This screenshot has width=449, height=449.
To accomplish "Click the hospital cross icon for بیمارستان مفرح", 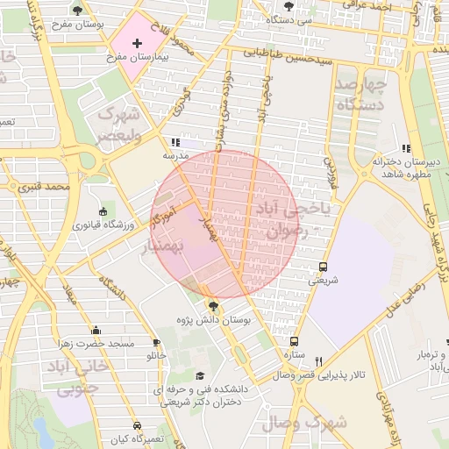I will tap(137, 43).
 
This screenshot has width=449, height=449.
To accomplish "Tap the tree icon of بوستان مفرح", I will tap(78, 11).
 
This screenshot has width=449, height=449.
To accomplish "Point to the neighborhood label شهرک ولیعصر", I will tap(118, 124).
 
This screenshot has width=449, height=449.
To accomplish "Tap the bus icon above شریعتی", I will tap(323, 267).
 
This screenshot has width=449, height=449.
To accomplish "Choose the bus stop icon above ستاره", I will tap(293, 341).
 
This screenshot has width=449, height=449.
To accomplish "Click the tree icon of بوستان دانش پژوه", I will tap(213, 306).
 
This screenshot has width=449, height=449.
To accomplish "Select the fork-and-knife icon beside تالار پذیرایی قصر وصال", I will tap(319, 361).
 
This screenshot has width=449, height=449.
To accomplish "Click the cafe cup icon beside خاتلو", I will tap(156, 343).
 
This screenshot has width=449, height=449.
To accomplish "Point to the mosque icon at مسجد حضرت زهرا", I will tap(96, 330).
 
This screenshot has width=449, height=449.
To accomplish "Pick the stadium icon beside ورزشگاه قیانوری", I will tap(103, 211).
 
